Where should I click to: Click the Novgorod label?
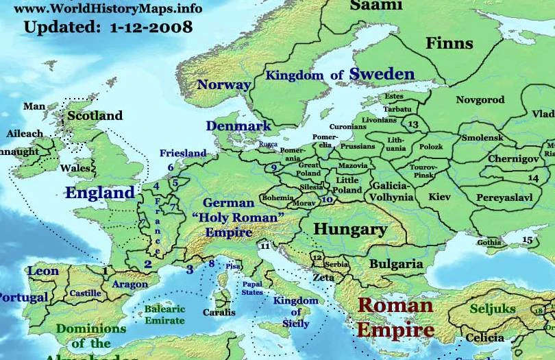(480, 100)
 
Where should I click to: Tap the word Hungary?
(349, 229)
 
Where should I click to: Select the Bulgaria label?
(396, 263)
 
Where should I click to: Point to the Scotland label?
(95, 116)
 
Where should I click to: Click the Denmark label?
(238, 126)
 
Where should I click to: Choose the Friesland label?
(183, 153)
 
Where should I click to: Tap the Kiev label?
(439, 197)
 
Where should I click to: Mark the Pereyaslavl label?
(505, 197)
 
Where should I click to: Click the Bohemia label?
(277, 197)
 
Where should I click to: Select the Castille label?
(85, 293)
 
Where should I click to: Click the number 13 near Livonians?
(412, 125)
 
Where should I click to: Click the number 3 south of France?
(189, 269)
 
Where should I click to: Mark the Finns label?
(449, 44)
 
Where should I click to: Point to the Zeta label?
(323, 278)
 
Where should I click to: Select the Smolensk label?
(482, 138)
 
